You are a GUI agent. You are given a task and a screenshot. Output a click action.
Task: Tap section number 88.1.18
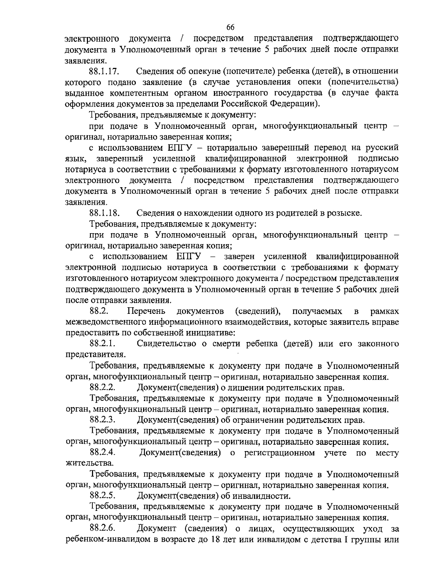pos(107,213)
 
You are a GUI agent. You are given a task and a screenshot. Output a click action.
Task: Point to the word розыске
pos(345,213)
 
